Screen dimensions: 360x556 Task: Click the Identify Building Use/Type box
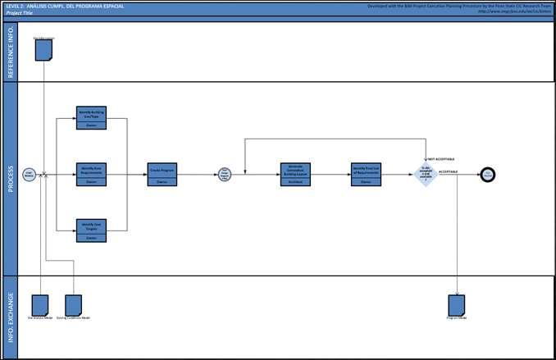(x=92, y=117)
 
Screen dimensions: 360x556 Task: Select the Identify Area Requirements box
(x=92, y=173)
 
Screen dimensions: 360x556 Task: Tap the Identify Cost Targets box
(x=92, y=229)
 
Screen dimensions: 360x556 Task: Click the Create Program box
(x=162, y=173)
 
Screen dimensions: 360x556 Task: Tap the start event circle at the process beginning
(x=29, y=173)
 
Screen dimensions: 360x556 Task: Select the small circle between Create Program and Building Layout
(x=224, y=173)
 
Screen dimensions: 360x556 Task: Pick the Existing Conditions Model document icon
(x=74, y=304)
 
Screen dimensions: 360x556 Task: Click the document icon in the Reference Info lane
(x=44, y=50)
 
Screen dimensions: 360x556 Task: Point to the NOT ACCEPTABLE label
(x=440, y=158)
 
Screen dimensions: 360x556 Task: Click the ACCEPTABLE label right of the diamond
(x=449, y=171)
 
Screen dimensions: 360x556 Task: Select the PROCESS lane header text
(x=10, y=178)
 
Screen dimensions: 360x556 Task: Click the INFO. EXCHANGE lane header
(x=10, y=317)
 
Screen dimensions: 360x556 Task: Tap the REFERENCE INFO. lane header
(x=10, y=52)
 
